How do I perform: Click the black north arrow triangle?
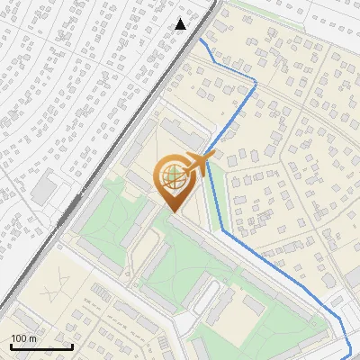[181, 24]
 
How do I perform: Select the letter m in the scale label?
[33, 338]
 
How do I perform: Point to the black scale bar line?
[41, 346]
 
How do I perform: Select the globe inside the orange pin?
[173, 175]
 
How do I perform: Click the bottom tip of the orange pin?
[173, 212]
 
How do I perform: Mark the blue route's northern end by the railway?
[200, 40]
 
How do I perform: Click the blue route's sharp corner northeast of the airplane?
[256, 83]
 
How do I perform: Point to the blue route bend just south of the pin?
[222, 230]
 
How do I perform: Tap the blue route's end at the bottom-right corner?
[350, 353]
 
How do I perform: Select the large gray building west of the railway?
[42, 188]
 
